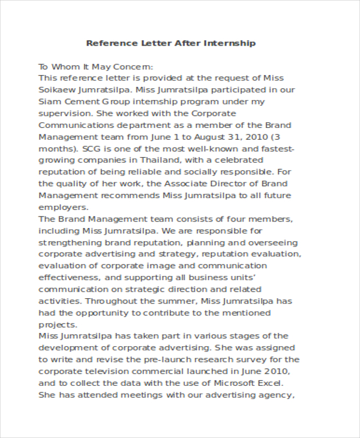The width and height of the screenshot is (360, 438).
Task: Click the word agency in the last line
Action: [x=277, y=395]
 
